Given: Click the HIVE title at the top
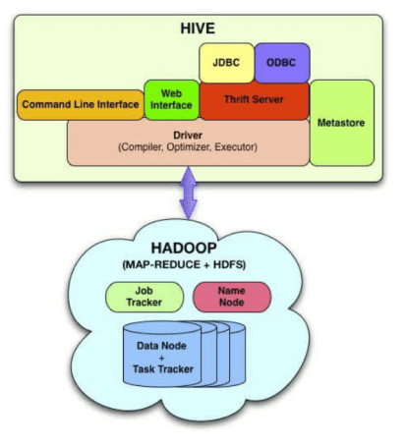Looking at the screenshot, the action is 198,28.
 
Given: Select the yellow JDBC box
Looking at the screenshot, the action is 226,63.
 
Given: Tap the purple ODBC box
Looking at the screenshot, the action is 282,63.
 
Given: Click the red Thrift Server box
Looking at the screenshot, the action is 254,101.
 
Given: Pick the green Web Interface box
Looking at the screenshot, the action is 171,99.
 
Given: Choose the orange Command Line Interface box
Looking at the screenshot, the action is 81,105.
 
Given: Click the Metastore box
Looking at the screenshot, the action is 341,123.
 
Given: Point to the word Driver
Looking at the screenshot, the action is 188,135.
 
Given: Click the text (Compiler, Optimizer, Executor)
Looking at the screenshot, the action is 188,147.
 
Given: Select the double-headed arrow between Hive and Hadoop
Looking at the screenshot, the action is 189,193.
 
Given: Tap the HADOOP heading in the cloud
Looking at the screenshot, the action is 184,248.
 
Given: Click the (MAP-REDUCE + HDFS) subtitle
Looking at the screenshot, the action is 184,264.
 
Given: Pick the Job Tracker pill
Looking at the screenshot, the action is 145,297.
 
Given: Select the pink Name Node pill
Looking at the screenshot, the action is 232,297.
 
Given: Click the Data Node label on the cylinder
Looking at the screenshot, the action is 161,346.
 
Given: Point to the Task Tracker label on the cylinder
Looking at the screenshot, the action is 163,369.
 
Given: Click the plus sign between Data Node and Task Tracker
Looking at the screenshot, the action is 161,358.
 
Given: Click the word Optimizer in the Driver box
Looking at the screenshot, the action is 188,147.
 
